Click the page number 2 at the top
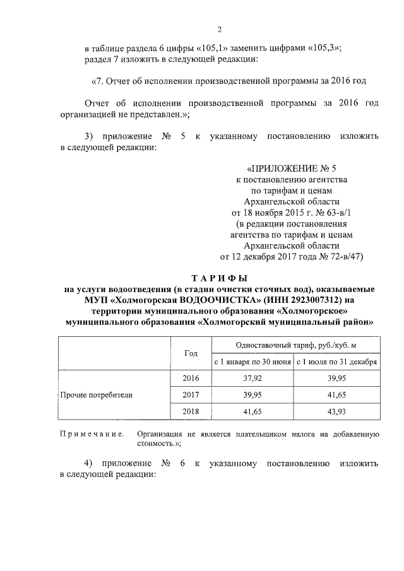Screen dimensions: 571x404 click(x=220, y=30)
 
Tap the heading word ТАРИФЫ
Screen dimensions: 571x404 click(x=219, y=278)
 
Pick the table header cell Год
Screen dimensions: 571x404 click(x=191, y=353)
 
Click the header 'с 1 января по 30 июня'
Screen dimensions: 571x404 click(x=252, y=362)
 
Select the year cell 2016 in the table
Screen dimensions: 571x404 click(x=191, y=379)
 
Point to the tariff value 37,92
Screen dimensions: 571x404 click(x=252, y=379)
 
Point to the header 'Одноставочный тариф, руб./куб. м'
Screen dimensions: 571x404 click(x=295, y=346)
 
